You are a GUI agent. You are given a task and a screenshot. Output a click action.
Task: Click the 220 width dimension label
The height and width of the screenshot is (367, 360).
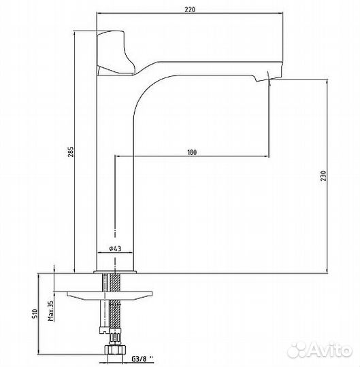tap(190, 10)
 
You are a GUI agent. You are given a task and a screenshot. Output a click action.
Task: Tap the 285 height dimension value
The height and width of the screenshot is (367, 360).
tap(71, 152)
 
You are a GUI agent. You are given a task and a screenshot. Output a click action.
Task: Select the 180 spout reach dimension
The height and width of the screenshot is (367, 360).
tap(192, 152)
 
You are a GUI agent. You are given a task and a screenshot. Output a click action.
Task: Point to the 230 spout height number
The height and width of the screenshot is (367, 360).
tap(323, 175)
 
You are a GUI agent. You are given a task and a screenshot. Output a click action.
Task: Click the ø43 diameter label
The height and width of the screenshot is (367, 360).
tap(115, 248)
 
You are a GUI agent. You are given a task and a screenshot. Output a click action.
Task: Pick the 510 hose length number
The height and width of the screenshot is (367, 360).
tap(35, 313)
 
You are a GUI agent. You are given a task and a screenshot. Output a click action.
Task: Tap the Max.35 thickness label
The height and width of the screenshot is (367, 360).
tap(50, 311)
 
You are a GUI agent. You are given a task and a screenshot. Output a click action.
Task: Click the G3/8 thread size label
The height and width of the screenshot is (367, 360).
tap(142, 358)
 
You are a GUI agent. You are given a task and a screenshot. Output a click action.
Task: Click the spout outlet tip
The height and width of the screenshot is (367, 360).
tap(268, 78)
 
